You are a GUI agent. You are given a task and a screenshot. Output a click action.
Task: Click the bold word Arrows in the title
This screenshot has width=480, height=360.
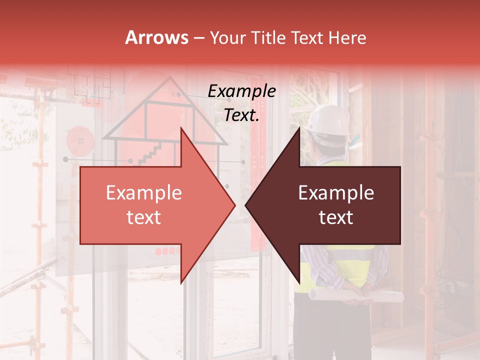coord(156,37)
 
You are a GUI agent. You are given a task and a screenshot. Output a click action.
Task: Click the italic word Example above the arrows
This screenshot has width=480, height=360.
coord(241,91)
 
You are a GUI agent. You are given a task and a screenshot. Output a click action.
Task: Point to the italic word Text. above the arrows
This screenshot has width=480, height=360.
coord(241,115)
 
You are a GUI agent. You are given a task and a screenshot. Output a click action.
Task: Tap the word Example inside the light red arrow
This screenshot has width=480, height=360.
coord(144,193)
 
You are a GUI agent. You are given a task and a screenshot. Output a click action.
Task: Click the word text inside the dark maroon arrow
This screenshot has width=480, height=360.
coord(336,217)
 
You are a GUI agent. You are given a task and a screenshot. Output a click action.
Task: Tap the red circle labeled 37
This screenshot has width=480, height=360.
coord(80,141)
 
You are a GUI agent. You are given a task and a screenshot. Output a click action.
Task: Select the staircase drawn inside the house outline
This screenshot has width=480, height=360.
coord(150,153)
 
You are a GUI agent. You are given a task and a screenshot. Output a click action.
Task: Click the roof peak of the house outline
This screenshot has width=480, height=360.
coord(170,78)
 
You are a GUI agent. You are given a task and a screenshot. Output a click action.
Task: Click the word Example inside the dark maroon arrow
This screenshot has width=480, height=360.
coord(336,193)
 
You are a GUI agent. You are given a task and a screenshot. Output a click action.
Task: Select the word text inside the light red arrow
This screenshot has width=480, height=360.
coord(144,217)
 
